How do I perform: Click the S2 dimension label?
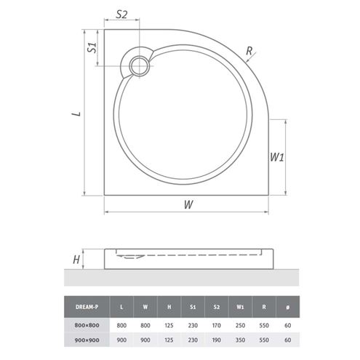point(121,15)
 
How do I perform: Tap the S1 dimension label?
point(92,47)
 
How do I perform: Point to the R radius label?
point(249,51)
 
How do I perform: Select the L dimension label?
point(77,113)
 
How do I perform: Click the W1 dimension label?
point(276,157)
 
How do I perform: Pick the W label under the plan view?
point(188,204)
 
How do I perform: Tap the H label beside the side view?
point(76,260)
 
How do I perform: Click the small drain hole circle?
point(139,65)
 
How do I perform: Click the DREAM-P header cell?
point(87,307)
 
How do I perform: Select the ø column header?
point(287,307)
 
